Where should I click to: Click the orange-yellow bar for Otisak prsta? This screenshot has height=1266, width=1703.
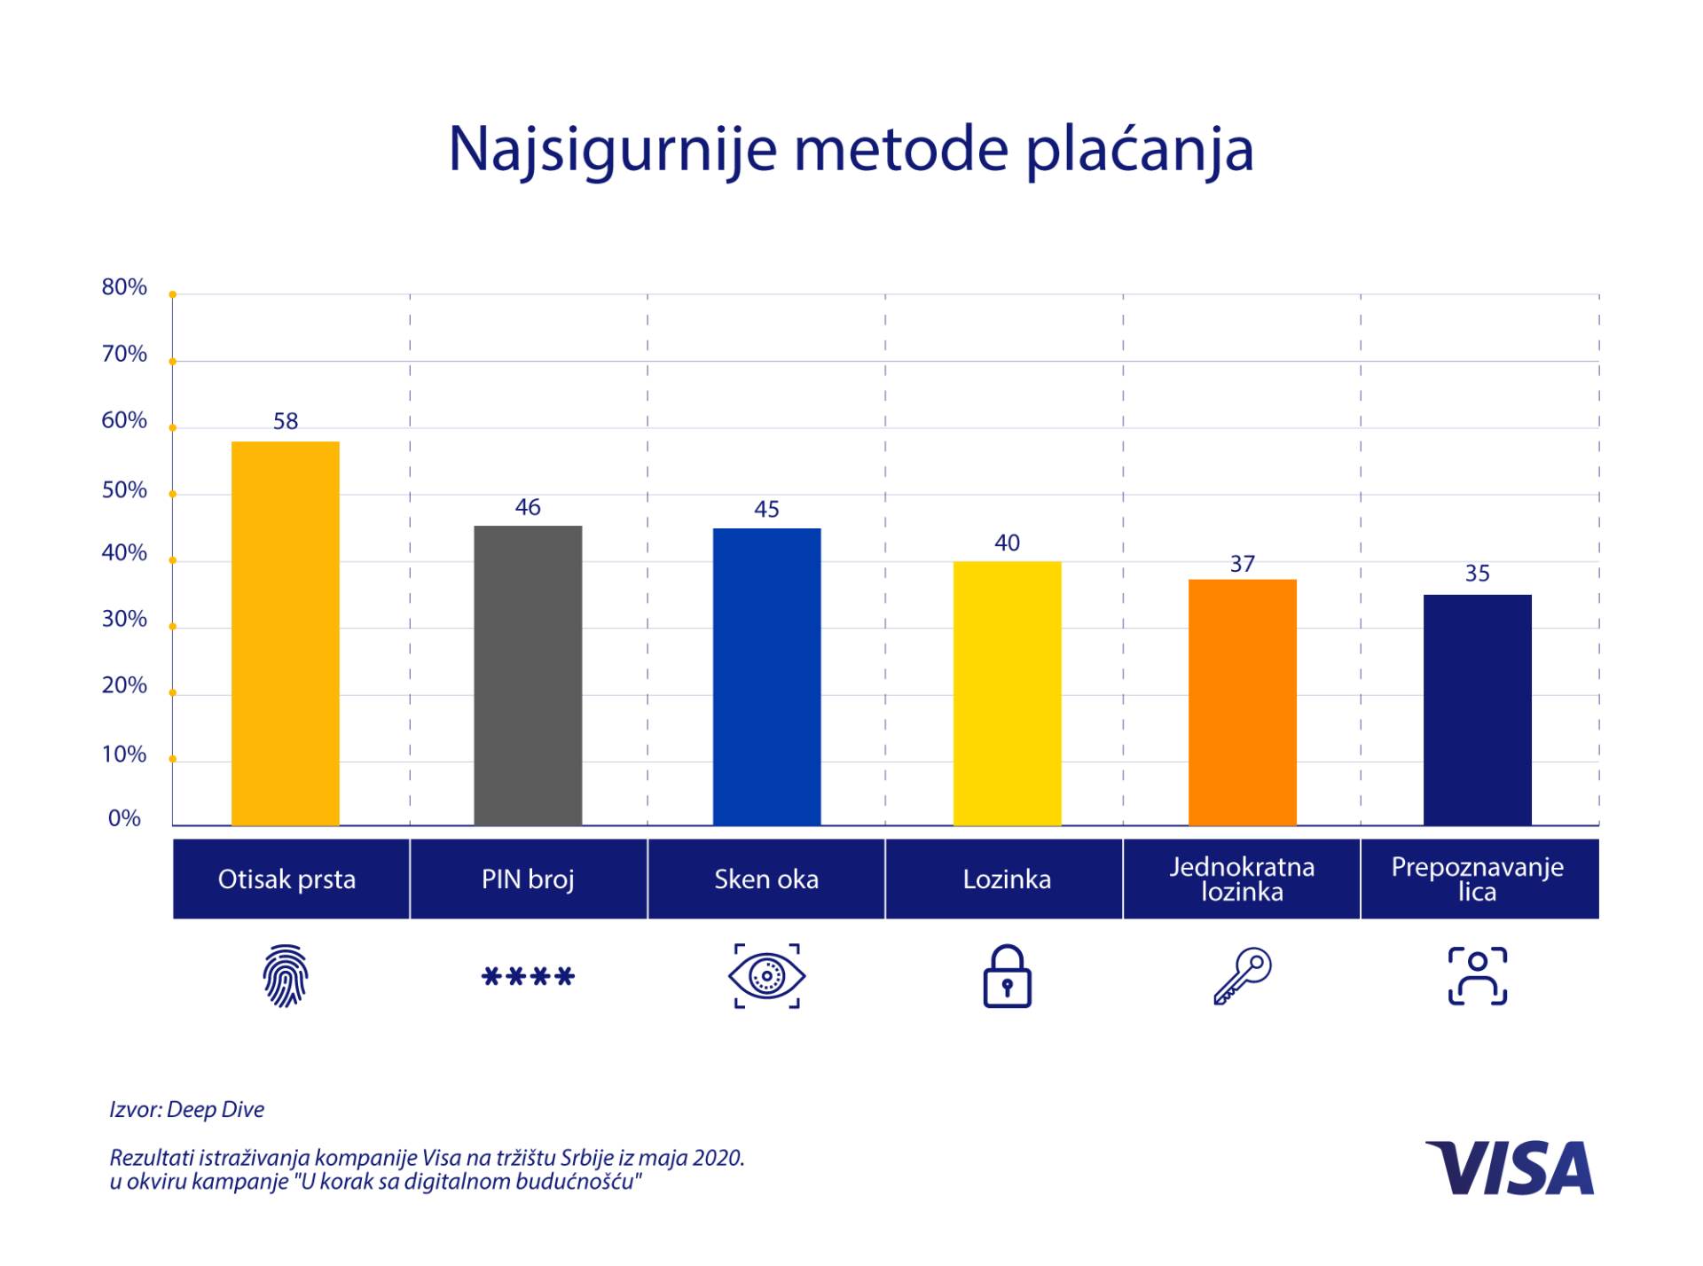(285, 633)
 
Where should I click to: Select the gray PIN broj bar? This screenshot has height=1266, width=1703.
(528, 676)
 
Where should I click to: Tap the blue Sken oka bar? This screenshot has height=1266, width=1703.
(766, 676)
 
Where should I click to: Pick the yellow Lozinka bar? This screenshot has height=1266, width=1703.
(1007, 693)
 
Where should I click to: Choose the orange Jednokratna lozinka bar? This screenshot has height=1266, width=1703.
(1242, 702)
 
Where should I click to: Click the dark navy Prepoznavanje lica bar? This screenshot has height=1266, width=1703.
(1477, 709)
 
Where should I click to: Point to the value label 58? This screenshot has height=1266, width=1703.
(285, 421)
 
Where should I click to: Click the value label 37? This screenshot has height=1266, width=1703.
(1242, 564)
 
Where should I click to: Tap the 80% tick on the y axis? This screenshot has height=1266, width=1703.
(124, 287)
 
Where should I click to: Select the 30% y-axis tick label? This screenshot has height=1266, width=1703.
(124, 619)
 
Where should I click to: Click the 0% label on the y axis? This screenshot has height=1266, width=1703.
(124, 818)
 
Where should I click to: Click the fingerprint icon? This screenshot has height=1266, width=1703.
(285, 976)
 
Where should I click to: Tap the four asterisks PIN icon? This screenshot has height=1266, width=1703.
(528, 977)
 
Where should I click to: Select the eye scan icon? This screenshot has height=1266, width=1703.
(766, 976)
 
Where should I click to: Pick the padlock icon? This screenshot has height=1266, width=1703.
(1007, 976)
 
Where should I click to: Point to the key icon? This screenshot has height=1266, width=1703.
(1242, 976)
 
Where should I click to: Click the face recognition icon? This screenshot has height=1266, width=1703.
(1477, 976)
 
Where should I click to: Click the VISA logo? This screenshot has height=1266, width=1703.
(1510, 1168)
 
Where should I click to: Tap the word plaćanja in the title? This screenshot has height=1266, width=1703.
(1139, 149)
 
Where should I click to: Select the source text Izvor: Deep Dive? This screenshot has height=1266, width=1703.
(186, 1110)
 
